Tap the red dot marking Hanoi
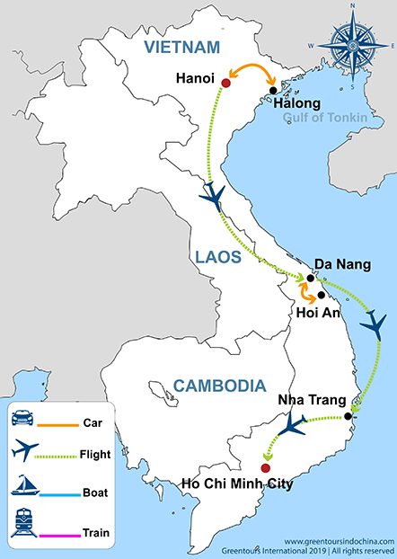pyautogui.click(x=225, y=84)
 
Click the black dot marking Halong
pyautogui.click(x=273, y=89)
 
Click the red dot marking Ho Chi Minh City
pyautogui.click(x=264, y=468)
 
